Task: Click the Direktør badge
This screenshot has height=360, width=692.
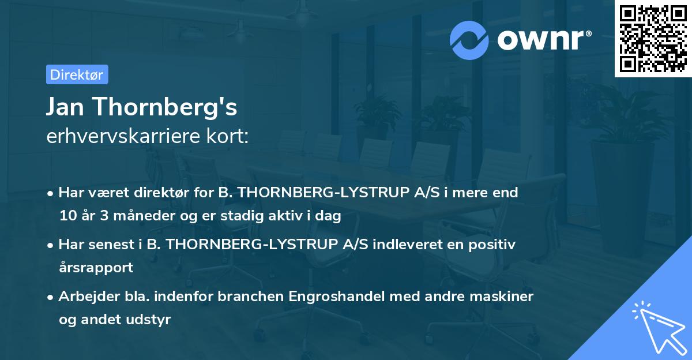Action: (x=77, y=74)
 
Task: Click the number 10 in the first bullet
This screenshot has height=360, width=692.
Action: (x=66, y=216)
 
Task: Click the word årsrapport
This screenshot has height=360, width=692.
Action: (x=96, y=268)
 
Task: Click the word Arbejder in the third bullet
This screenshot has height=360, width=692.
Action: (x=84, y=297)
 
